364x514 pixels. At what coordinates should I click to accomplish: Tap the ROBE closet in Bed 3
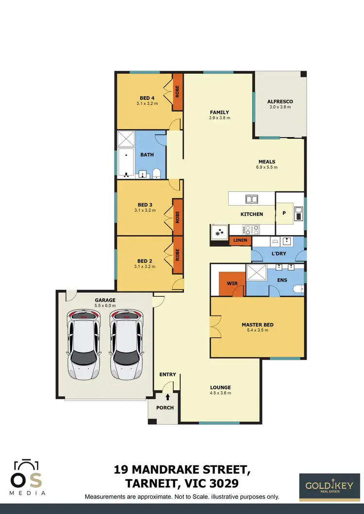(178, 216)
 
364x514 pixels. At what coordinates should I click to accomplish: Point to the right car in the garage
(126, 344)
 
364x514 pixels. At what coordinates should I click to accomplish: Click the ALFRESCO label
(280, 101)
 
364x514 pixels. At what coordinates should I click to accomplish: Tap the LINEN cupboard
(240, 241)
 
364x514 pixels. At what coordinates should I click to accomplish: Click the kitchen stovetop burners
(252, 229)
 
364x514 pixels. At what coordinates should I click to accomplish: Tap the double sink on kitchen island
(251, 198)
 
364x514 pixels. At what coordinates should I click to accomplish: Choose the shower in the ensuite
(257, 273)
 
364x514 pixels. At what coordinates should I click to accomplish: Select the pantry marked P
(284, 212)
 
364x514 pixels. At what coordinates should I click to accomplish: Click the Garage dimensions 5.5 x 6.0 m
(105, 305)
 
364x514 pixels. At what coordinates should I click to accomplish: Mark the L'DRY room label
(278, 254)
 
